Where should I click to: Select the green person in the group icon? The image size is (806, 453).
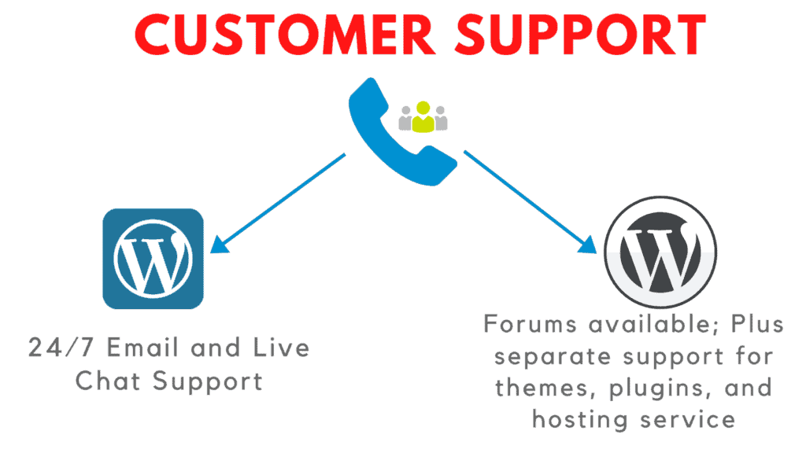pyautogui.click(x=423, y=117)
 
